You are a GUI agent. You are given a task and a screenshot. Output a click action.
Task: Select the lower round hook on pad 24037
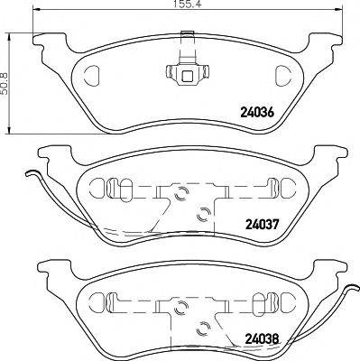[x=204, y=213]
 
